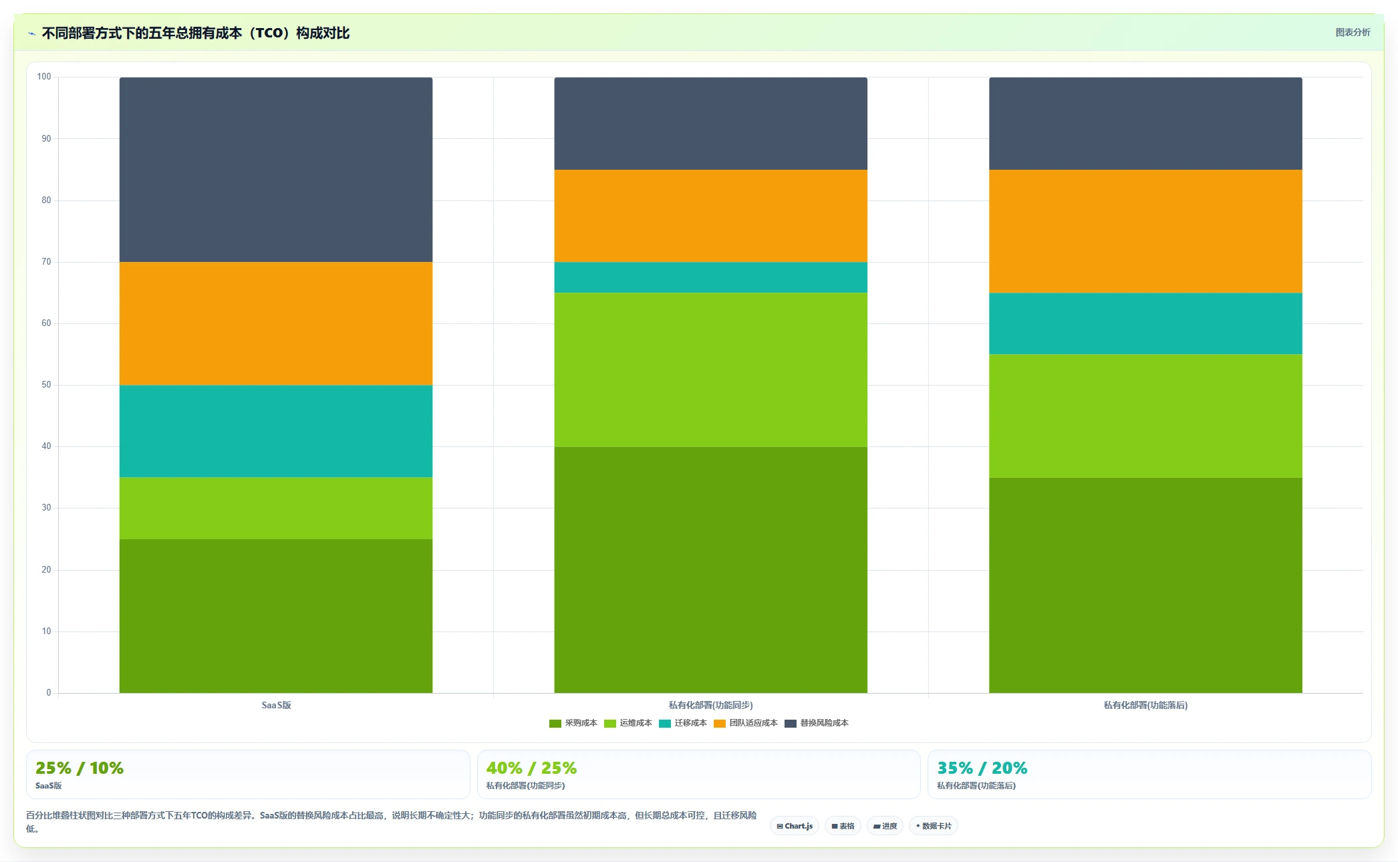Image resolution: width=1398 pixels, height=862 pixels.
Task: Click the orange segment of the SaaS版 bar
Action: pyautogui.click(x=276, y=323)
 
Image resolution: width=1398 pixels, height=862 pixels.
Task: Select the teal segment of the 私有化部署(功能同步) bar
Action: pyautogui.click(x=710, y=277)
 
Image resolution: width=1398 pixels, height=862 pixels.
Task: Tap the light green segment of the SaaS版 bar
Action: pyautogui.click(x=276, y=508)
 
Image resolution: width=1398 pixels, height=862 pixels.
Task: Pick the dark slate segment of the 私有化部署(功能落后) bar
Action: pyautogui.click(x=1145, y=124)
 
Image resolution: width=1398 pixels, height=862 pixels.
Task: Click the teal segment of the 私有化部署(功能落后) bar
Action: pyautogui.click(x=1145, y=323)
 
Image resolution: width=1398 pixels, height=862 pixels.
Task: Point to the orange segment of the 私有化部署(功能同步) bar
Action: pyautogui.click(x=710, y=216)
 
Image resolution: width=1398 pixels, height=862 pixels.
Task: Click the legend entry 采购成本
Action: pyautogui.click(x=573, y=723)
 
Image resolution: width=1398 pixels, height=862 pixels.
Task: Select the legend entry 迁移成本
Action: pyautogui.click(x=683, y=723)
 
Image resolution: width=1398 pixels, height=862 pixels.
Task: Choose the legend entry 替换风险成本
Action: pyautogui.click(x=817, y=723)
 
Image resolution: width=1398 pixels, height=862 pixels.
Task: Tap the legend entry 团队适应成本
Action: pyautogui.click(x=746, y=723)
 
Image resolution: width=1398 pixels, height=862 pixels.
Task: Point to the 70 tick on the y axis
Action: pyautogui.click(x=46, y=262)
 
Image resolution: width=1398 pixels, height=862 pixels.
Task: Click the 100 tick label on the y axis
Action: pyautogui.click(x=44, y=77)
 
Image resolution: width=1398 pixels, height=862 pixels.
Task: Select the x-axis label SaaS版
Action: pyautogui.click(x=276, y=705)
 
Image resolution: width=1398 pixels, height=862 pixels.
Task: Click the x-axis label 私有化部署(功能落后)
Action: pyautogui.click(x=1145, y=705)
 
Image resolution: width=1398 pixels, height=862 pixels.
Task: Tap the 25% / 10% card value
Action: pyautogui.click(x=80, y=768)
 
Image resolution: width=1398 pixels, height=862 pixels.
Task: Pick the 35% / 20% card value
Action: pyautogui.click(x=982, y=768)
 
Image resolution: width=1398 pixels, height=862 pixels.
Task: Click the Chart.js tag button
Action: pyautogui.click(x=795, y=826)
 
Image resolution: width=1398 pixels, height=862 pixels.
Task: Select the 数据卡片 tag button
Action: pyautogui.click(x=934, y=826)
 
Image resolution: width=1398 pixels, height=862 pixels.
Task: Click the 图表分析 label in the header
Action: pyautogui.click(x=1353, y=32)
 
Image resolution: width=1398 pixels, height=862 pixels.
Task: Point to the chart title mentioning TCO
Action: pyautogui.click(x=196, y=33)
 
